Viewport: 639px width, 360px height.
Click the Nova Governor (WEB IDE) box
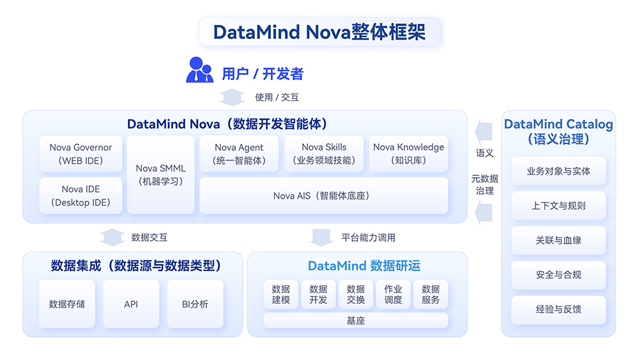(x=81, y=153)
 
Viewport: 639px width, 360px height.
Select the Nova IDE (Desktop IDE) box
(x=81, y=195)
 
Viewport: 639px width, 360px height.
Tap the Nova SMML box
(x=160, y=175)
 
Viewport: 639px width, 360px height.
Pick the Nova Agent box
(x=239, y=153)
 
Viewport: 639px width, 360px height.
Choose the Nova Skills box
(x=324, y=153)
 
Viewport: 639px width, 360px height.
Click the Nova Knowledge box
(x=408, y=153)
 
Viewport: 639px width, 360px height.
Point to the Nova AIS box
(x=323, y=195)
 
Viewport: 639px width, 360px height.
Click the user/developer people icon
(x=199, y=70)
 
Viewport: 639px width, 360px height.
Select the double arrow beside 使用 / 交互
(x=232, y=97)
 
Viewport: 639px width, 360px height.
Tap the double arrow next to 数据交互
(x=112, y=237)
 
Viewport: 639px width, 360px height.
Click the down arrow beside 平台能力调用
(x=321, y=238)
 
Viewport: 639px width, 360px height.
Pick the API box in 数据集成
(x=131, y=304)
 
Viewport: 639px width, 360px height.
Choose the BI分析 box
(x=195, y=304)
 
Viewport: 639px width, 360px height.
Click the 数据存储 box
(x=67, y=304)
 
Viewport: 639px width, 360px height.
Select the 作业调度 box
(x=393, y=294)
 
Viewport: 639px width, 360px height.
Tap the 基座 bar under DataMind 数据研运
(x=356, y=320)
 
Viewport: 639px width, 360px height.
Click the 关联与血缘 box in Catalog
(x=558, y=240)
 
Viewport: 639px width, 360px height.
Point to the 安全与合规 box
(x=558, y=275)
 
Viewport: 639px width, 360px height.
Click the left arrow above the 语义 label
(x=484, y=131)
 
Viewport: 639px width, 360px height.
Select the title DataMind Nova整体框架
(x=319, y=32)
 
